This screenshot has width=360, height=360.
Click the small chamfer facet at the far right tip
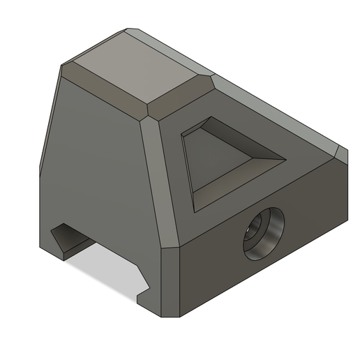(x=341, y=153)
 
